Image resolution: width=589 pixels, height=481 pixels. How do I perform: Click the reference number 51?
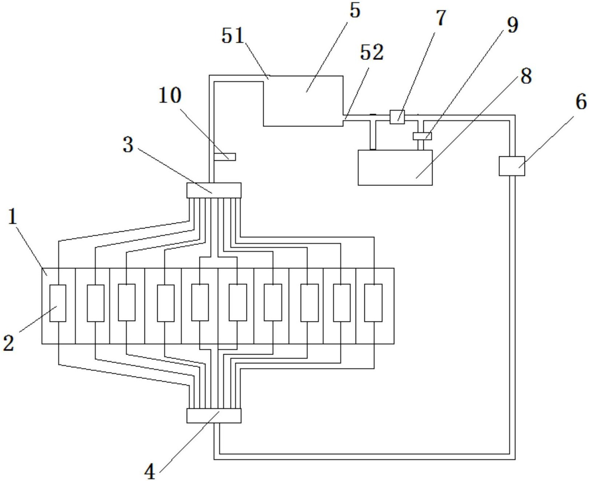click(x=233, y=36)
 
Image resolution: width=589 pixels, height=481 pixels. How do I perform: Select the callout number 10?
click(x=170, y=95)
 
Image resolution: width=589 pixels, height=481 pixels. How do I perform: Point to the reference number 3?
click(x=128, y=145)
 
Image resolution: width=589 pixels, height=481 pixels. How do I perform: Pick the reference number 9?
click(x=512, y=26)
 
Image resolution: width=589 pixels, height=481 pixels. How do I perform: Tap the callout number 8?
click(x=526, y=76)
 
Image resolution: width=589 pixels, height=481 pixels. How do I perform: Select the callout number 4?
click(x=150, y=472)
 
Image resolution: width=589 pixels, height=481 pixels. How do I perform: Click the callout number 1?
click(x=13, y=217)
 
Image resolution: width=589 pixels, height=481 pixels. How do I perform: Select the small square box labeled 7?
click(x=397, y=117)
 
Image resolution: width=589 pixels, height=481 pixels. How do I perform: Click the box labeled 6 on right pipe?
click(x=512, y=166)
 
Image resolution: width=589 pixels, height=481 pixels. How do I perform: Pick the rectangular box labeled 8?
click(x=395, y=168)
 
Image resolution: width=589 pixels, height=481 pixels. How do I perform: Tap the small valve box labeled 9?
click(x=422, y=136)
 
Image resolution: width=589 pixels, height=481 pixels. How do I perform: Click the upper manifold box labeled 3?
click(x=214, y=190)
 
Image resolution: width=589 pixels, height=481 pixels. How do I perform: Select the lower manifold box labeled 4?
click(x=214, y=415)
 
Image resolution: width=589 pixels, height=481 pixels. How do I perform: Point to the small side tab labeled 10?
click(x=225, y=157)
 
